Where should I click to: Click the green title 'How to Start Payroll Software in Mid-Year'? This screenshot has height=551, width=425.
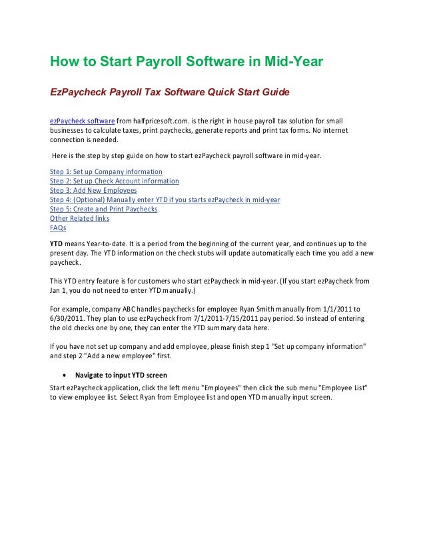tap(187, 62)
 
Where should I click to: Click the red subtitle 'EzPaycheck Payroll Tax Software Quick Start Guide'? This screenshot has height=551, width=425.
tap(170, 91)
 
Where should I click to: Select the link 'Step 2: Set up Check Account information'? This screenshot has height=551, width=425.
tap(115, 181)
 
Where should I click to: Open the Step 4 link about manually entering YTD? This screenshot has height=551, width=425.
tap(165, 199)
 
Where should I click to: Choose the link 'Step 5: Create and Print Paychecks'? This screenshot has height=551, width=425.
tap(104, 209)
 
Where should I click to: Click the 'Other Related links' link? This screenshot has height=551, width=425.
tap(80, 218)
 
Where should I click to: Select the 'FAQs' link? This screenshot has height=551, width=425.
tap(59, 227)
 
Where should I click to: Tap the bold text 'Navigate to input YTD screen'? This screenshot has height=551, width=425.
tap(121, 376)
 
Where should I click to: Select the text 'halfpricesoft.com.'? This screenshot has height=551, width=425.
tap(162, 120)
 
